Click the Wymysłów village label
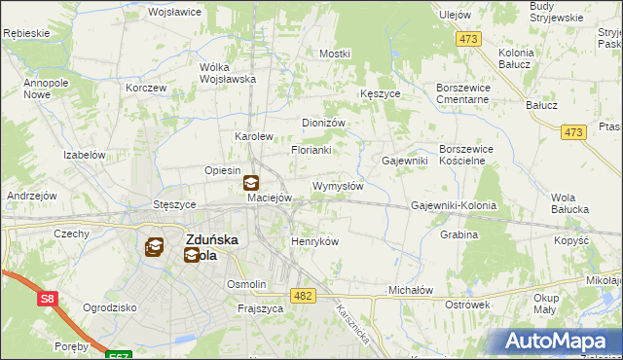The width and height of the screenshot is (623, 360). (338, 186)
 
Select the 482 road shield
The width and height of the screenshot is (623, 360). (303, 295)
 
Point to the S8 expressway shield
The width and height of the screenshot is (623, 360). (48, 301)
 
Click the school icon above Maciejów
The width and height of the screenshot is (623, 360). (250, 181)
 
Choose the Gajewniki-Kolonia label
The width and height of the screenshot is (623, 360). (454, 206)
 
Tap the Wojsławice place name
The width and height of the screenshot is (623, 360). (173, 13)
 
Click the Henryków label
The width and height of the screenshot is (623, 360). (314, 241)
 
